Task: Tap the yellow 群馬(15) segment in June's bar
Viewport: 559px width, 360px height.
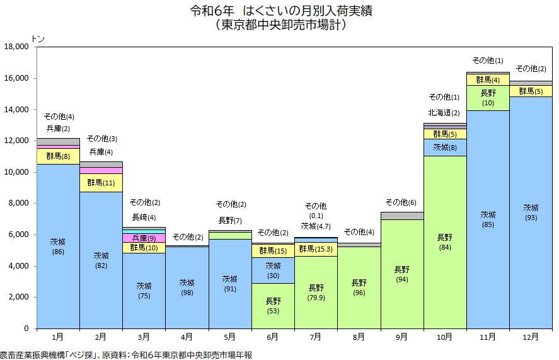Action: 273,251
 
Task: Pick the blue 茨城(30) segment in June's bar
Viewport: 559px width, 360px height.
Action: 273,270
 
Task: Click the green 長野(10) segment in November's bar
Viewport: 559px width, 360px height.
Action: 488,98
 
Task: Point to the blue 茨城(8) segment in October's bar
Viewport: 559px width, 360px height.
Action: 445,148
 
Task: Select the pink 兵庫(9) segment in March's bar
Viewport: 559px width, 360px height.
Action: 144,238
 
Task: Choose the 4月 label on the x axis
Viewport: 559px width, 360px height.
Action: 187,337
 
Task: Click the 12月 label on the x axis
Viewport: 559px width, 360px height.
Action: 531,337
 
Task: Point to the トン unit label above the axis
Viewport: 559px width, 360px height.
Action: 38,38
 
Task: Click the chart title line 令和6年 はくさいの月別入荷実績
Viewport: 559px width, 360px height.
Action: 279,12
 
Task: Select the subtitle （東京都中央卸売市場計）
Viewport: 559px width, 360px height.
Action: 279,26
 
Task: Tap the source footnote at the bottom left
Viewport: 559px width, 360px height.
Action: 126,355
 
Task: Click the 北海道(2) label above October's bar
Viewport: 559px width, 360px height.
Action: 444,113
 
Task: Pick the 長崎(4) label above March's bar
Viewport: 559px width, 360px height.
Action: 144,218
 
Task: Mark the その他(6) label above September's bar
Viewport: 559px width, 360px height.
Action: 401,202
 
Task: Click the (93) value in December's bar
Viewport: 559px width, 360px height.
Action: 531,218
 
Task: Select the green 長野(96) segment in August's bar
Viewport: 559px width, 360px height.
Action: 359,287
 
